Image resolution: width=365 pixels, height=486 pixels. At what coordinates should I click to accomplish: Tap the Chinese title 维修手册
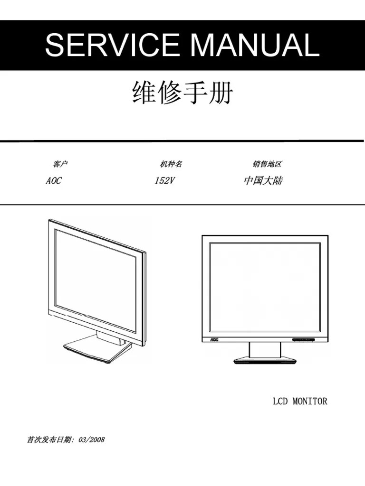(182, 94)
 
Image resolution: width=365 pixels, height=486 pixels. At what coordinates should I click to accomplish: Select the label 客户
(60, 164)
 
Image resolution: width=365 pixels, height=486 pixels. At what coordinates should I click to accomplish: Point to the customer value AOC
(53, 181)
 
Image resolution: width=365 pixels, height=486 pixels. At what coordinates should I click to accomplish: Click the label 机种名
(171, 164)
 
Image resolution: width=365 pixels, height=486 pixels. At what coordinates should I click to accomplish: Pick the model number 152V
(164, 181)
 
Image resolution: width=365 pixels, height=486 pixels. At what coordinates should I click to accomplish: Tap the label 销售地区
(267, 164)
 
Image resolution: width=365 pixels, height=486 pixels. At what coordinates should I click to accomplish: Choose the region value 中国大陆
(263, 181)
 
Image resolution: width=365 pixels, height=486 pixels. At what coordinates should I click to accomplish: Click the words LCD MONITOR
(300, 402)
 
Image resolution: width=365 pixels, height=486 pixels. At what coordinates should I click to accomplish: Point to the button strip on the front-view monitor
(304, 340)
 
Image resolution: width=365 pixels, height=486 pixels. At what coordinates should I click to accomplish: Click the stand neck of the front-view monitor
(265, 350)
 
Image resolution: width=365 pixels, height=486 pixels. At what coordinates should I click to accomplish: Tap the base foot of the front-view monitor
(265, 361)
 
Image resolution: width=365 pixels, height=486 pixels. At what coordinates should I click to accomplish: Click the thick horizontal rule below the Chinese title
(182, 140)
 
